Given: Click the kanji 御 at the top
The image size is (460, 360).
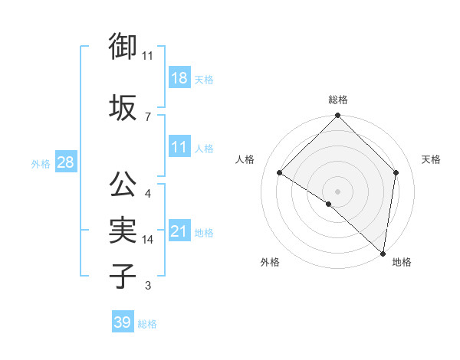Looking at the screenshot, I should click(123, 47).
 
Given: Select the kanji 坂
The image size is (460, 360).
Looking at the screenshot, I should click(123, 106).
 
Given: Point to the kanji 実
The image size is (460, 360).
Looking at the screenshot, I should click(123, 230).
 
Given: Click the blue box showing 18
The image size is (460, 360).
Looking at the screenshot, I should click(179, 78).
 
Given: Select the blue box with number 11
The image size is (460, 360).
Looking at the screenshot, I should click(179, 148).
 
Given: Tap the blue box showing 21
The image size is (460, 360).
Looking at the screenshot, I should click(179, 231).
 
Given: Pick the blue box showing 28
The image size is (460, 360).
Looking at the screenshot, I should click(65, 162).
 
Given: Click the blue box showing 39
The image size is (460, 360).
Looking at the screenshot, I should click(122, 322).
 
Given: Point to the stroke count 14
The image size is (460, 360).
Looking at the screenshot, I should click(148, 240).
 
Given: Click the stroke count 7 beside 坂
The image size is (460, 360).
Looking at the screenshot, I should click(148, 116).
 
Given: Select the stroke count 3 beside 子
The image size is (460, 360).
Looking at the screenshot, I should click(148, 286).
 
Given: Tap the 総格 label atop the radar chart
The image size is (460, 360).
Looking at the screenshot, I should click(337, 100).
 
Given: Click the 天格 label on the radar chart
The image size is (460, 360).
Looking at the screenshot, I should click(431, 159).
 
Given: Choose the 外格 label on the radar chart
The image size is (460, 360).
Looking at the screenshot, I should click(270, 262).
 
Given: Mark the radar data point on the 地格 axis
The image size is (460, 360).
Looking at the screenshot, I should click(383, 253).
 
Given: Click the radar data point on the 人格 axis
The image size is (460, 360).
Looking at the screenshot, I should click(280, 172).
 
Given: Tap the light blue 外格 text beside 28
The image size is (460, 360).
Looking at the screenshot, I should click(40, 163).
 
